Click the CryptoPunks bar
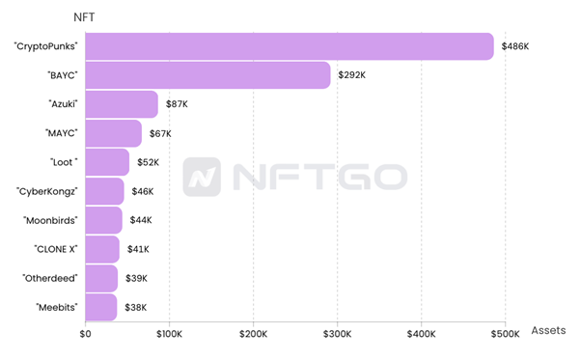pyautogui.click(x=290, y=46)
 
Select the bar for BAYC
pyautogui.click(x=207, y=75)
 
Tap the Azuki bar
pyautogui.click(x=122, y=104)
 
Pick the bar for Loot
pyautogui.click(x=107, y=162)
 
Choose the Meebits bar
pyautogui.click(x=101, y=307)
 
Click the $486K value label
pyautogui.click(x=514, y=46)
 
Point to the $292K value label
pyautogui.click(x=353, y=75)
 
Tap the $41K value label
pyautogui.click(x=137, y=249)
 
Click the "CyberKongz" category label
pyautogui.click(x=48, y=191)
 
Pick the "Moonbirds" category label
pyautogui.click(x=50, y=220)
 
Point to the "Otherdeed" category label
pyautogui.click(x=50, y=278)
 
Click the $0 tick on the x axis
pyautogui.click(x=85, y=334)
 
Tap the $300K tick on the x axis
pyautogui.click(x=338, y=334)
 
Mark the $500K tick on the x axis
pyautogui.click(x=506, y=334)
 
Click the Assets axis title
pyautogui.click(x=548, y=330)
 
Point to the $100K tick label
pyautogui.click(x=170, y=334)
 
